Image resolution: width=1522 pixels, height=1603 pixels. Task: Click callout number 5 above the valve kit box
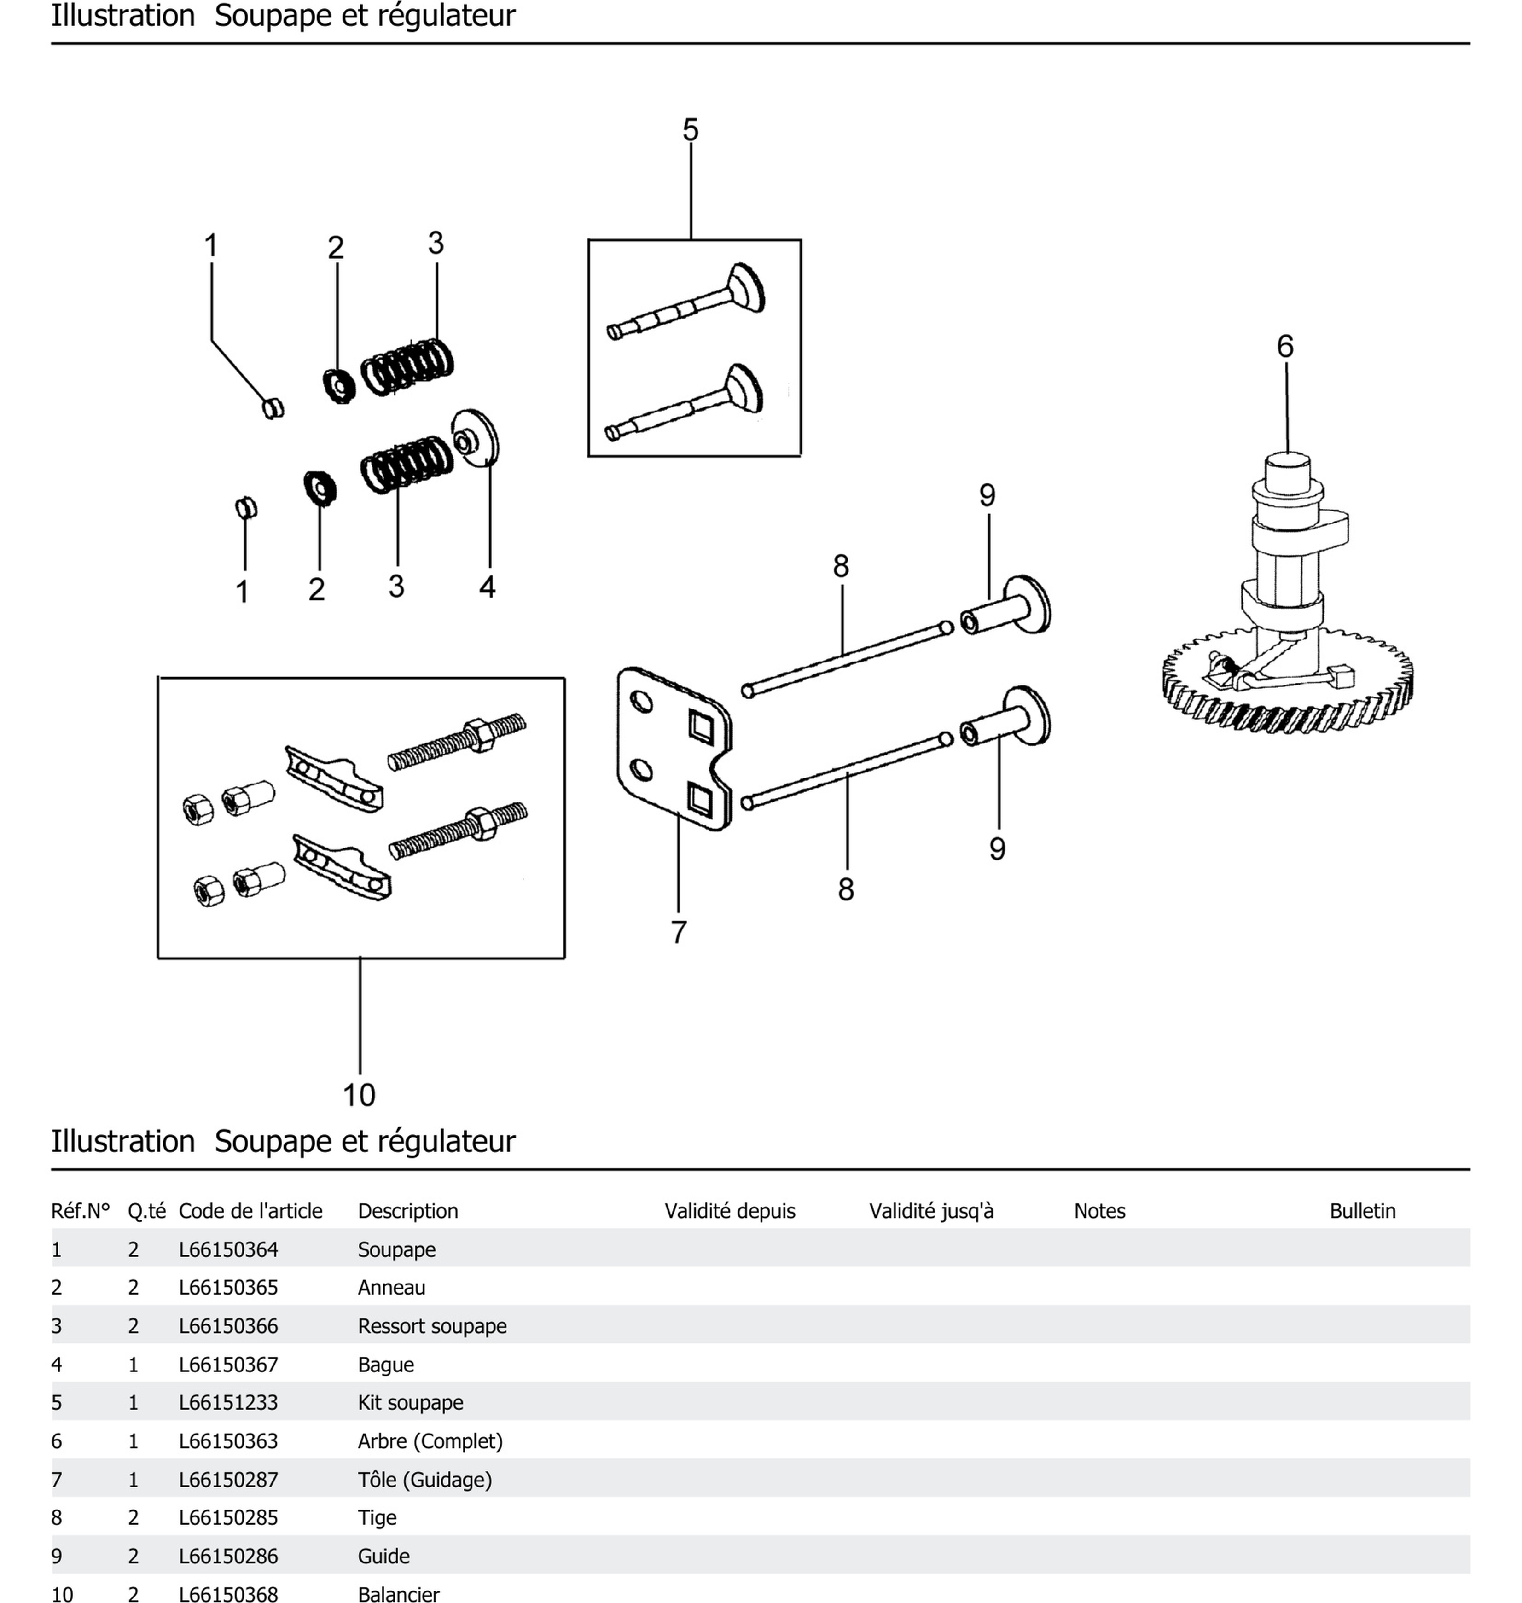pos(691,130)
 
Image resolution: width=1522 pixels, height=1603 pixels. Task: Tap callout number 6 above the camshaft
pos(1285,346)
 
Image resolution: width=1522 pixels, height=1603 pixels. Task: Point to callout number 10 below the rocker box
pos(359,1095)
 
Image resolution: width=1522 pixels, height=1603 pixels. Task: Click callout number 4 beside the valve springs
pos(487,587)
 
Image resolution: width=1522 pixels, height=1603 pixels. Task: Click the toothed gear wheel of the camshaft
pos(1288,690)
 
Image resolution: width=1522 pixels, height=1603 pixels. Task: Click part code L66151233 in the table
pos(229,1403)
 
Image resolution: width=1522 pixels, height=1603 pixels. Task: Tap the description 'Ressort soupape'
pos(432,1326)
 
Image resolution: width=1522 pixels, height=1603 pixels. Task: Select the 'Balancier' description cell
pos(398,1594)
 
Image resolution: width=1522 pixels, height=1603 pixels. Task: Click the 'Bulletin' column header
pos(1362,1211)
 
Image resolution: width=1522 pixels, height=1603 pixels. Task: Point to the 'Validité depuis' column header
pos(729,1211)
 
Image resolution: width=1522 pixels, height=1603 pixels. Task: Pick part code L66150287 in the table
pos(229,1480)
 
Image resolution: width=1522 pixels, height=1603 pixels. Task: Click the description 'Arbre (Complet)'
pos(430,1441)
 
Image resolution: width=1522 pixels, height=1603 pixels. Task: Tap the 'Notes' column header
pos(1099,1211)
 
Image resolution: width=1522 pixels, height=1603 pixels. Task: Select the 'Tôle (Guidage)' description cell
pos(425,1480)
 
